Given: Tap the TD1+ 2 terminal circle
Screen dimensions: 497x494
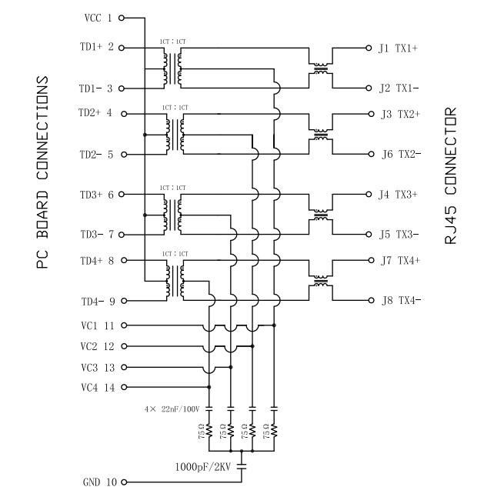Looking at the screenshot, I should pyautogui.click(x=122, y=47).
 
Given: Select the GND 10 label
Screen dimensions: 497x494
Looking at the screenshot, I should pyautogui.click(x=99, y=482).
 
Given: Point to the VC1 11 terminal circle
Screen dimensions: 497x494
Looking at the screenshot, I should pyautogui.click(x=122, y=325).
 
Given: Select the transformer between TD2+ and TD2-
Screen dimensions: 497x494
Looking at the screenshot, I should pyautogui.click(x=173, y=133).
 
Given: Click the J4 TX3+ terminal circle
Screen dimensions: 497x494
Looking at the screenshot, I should pyautogui.click(x=369, y=195).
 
